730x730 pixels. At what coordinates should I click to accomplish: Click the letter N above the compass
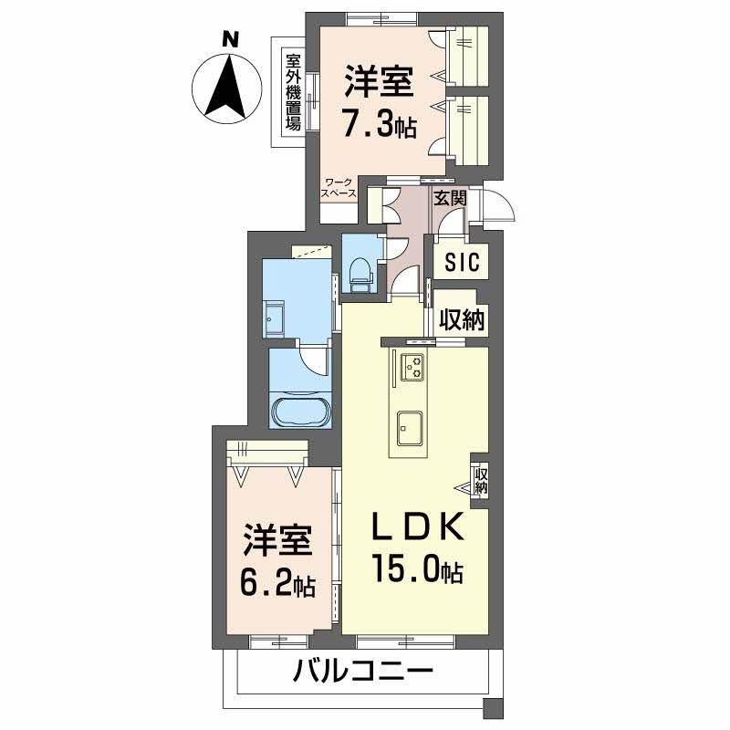231,39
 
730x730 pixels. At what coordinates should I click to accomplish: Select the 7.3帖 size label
378,123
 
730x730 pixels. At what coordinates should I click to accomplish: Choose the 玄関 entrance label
450,196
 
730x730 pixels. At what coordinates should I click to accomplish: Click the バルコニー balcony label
362,676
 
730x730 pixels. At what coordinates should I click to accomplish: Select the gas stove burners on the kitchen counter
413,365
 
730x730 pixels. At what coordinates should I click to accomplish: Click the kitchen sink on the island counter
409,424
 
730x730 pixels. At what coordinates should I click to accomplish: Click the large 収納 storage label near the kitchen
463,319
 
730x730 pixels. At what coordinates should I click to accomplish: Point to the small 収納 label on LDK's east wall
481,480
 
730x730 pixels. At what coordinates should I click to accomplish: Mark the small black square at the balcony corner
494,708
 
